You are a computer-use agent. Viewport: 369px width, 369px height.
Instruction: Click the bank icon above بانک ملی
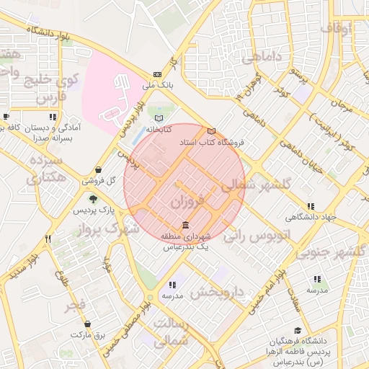(158, 74)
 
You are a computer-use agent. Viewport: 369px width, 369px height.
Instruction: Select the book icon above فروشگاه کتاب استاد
(211, 131)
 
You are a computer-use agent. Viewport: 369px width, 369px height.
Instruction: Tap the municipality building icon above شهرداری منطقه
(186, 225)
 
